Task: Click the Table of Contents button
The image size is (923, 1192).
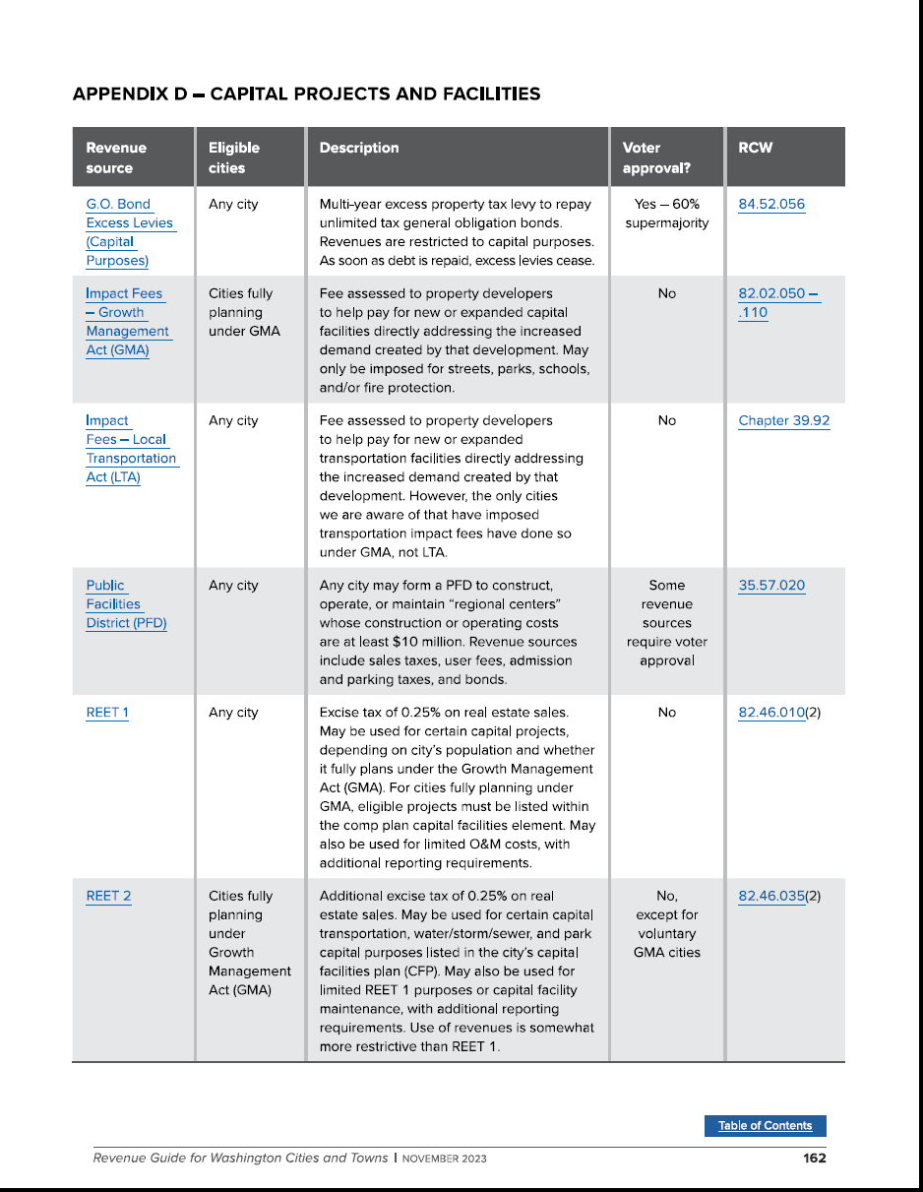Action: coord(765,1126)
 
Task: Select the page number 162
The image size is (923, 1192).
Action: coord(814,1159)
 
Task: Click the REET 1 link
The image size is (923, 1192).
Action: coord(107,713)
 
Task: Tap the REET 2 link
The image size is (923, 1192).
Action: coord(108,896)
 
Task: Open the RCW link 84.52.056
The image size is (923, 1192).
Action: coord(771,205)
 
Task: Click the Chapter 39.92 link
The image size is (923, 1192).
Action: coord(784,420)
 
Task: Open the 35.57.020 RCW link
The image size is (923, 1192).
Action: coord(771,586)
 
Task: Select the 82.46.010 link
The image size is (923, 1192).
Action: coord(771,713)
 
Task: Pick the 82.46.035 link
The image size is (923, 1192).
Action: coord(771,896)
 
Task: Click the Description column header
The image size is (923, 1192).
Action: coord(359,149)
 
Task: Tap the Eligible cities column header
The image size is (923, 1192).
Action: coord(234,157)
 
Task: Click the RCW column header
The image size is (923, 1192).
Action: coord(755,149)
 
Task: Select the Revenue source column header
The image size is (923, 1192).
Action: coord(116,157)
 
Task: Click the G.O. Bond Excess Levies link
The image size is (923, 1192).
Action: coord(129,232)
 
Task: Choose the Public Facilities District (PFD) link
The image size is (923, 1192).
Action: coord(126,604)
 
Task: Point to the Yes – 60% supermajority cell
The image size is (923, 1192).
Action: coord(667,214)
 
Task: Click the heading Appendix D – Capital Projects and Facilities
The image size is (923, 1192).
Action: coord(307,94)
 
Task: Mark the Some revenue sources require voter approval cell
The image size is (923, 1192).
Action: coord(667,623)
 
